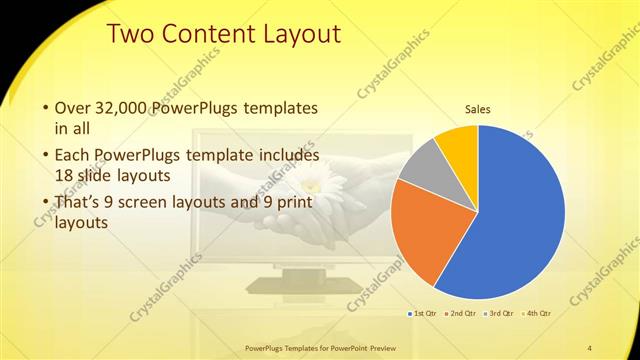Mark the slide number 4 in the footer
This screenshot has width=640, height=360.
590,348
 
